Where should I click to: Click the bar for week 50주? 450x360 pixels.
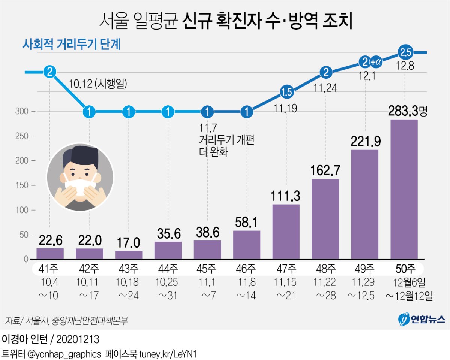pyautogui.click(x=404, y=189)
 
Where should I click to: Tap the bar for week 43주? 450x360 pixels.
pyautogui.click(x=129, y=255)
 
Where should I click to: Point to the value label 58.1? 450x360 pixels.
pyautogui.click(x=246, y=223)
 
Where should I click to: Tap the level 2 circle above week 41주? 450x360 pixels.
pyautogui.click(x=50, y=72)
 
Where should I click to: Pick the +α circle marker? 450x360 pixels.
pyautogui.click(x=376, y=61)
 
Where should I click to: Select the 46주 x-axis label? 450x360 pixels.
pyautogui.click(x=246, y=269)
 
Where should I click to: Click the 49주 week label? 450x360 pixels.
pyautogui.click(x=364, y=269)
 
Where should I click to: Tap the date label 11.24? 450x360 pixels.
pyautogui.click(x=325, y=89)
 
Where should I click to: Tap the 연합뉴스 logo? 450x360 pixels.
pyautogui.click(x=421, y=319)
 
